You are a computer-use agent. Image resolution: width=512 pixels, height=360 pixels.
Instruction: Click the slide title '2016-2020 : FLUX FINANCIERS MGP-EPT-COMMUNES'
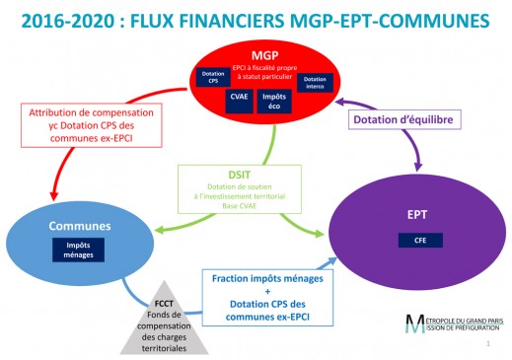pos(256,20)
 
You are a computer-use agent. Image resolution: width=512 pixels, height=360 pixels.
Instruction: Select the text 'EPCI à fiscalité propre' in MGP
pos(263,67)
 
